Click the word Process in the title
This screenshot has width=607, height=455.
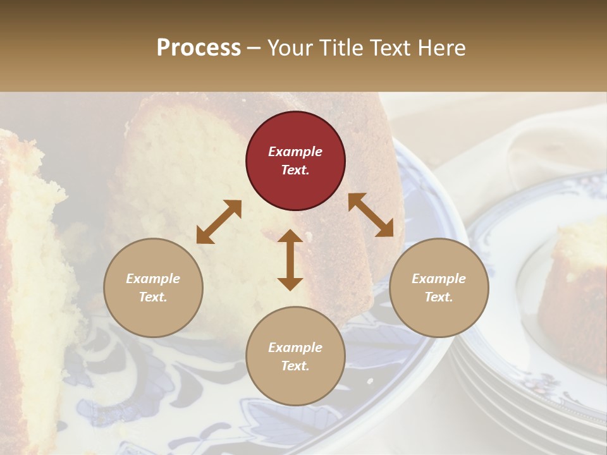(x=199, y=48)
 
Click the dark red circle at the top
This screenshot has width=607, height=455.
(x=295, y=161)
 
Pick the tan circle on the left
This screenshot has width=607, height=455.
(x=153, y=288)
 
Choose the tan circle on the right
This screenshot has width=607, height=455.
(x=439, y=288)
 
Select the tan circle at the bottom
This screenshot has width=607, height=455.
(x=295, y=356)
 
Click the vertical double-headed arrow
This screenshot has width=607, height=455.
(x=290, y=260)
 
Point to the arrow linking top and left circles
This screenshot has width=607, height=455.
(x=219, y=222)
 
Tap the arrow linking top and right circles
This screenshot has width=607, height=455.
(x=371, y=215)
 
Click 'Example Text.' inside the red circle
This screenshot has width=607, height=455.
(x=295, y=161)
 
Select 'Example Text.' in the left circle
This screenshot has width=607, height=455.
(x=153, y=288)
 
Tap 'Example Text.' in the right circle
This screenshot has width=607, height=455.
(x=439, y=288)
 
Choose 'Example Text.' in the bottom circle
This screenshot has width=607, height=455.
(x=295, y=356)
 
